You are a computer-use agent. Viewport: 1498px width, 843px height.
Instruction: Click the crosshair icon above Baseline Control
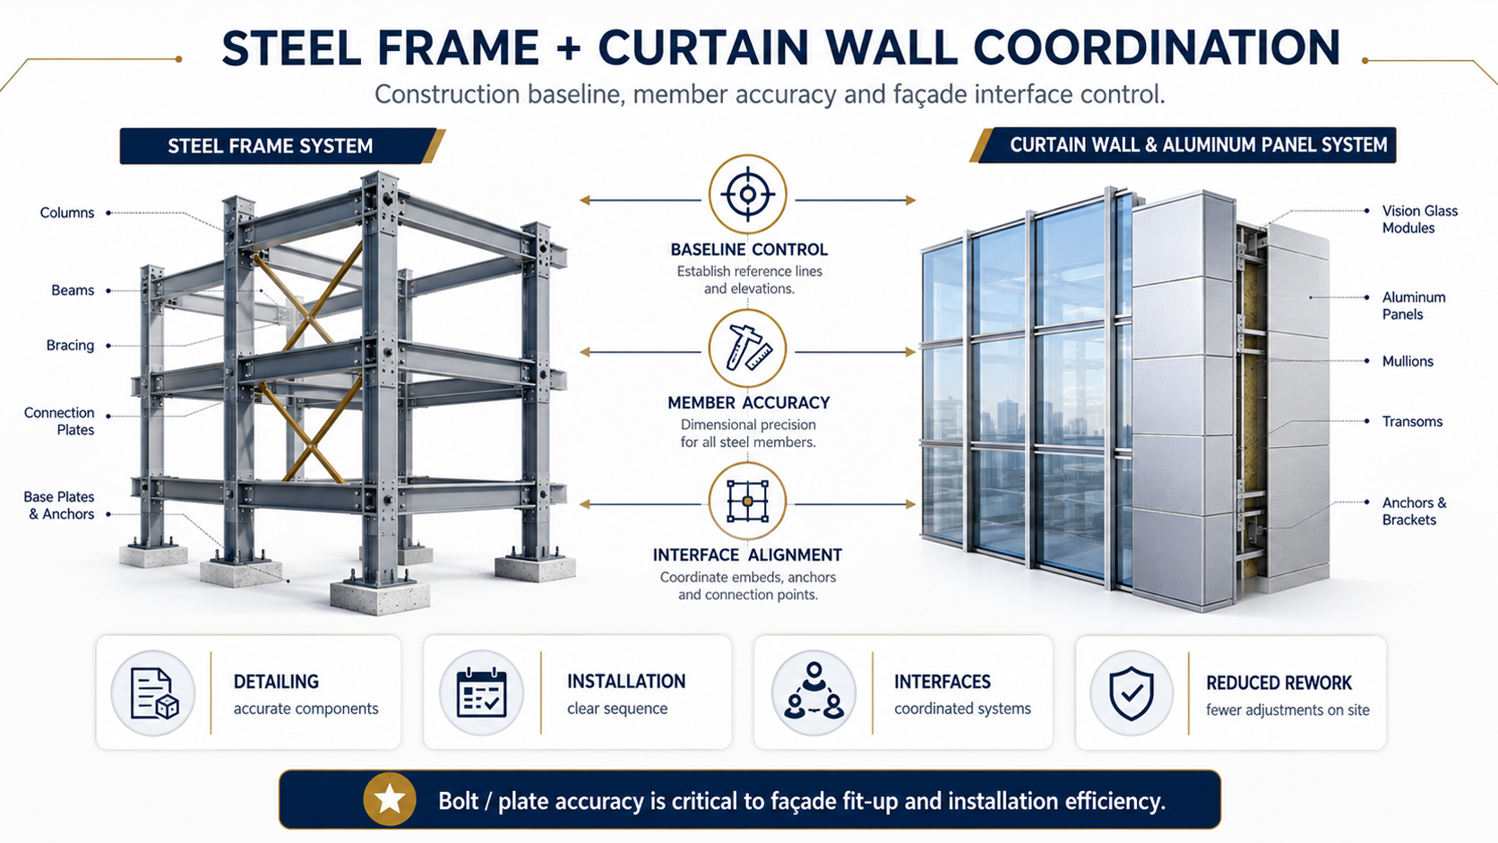pyautogui.click(x=748, y=194)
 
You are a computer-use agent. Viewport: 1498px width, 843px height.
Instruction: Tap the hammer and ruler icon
pyautogui.click(x=748, y=348)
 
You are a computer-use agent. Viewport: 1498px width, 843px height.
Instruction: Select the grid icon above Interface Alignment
pyautogui.click(x=748, y=501)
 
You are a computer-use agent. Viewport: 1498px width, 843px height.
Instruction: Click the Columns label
pyautogui.click(x=67, y=212)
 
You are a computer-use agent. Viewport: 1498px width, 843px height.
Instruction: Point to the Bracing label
pyautogui.click(x=70, y=345)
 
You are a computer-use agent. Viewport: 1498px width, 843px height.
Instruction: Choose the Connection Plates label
pyautogui.click(x=59, y=421)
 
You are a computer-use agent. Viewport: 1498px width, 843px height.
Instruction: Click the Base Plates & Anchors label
pyautogui.click(x=59, y=505)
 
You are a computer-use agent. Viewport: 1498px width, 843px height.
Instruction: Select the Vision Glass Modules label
pyautogui.click(x=1420, y=219)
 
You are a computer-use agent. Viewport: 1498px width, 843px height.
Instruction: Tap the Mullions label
pyautogui.click(x=1408, y=361)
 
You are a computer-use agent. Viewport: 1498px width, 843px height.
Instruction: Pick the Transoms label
pyautogui.click(x=1412, y=421)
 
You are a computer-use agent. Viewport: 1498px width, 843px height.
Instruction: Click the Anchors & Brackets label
pyautogui.click(x=1415, y=511)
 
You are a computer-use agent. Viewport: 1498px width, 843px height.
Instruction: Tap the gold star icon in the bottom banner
pyautogui.click(x=390, y=799)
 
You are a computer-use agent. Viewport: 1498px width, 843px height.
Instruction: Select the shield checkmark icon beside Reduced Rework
pyautogui.click(x=1132, y=693)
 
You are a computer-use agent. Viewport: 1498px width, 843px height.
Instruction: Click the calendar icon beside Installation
pyautogui.click(x=481, y=692)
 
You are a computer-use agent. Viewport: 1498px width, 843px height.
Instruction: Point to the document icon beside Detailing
pyautogui.click(x=154, y=693)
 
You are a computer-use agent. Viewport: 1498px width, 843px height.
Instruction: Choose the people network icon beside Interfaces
pyautogui.click(x=814, y=692)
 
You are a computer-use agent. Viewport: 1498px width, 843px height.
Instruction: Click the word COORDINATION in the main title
pyautogui.click(x=1157, y=48)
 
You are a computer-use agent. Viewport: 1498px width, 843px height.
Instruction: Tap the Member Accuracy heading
pyautogui.click(x=748, y=402)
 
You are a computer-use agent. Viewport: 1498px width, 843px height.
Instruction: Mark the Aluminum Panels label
pyautogui.click(x=1414, y=305)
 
